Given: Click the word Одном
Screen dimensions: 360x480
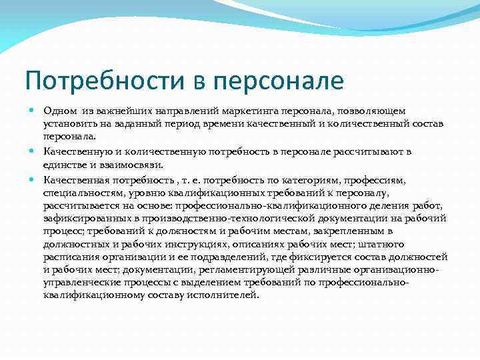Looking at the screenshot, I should coord(59,110).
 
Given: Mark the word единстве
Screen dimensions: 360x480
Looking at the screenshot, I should coord(65,165).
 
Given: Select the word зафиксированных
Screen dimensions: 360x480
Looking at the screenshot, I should coord(81,219).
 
